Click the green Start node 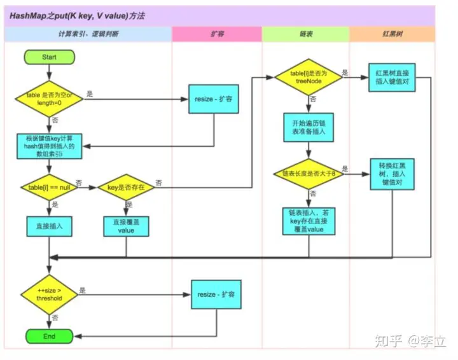tap(49, 57)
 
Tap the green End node tap(49, 336)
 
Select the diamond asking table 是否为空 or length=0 tap(49, 99)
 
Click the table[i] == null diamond tap(49, 187)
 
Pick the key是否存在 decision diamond tap(125, 187)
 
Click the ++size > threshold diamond tap(49, 294)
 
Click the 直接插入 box tap(49, 225)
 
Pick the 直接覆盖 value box tap(125, 226)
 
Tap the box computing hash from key tap(49, 146)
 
